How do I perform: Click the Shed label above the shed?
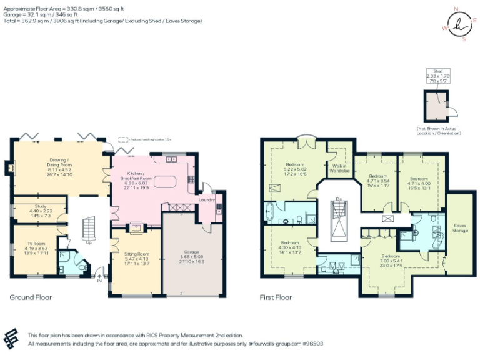(437, 71)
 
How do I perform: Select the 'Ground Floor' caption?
(31, 297)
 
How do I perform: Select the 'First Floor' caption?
(276, 297)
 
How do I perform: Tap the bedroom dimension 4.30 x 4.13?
(289, 247)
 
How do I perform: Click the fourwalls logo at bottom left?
(13, 339)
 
